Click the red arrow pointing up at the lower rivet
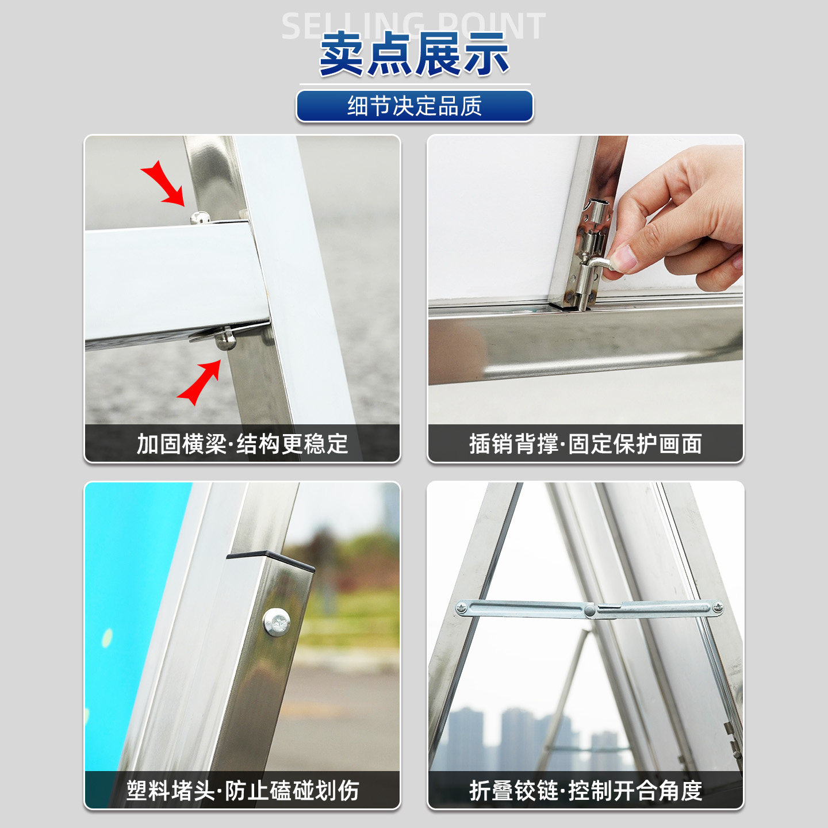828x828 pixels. tap(200, 382)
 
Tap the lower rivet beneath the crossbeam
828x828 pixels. tap(225, 339)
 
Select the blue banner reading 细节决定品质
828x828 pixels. tap(415, 106)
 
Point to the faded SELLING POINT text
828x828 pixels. tap(413, 26)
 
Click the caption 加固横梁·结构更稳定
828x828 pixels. tap(242, 444)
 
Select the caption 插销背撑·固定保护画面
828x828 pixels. tap(586, 444)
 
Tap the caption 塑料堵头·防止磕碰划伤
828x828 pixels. tap(242, 790)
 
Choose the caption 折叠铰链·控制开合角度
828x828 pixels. tap(586, 790)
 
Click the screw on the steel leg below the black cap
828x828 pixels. tap(276, 622)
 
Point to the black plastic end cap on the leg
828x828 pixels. tap(271, 560)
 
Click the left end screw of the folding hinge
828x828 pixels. tap(462, 608)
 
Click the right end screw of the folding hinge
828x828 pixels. tap(717, 608)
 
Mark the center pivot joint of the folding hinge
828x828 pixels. tap(591, 609)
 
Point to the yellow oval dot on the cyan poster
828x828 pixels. tap(107, 638)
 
